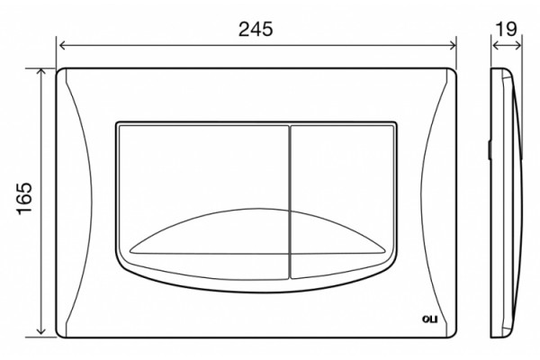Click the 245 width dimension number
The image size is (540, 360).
coord(256,29)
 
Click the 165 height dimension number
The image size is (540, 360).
coord(24,199)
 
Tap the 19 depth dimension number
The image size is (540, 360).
coord(506,29)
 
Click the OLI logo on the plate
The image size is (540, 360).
coord(429,319)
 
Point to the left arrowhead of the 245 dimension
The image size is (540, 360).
coord(62,45)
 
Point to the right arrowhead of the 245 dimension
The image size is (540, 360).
coord(453,45)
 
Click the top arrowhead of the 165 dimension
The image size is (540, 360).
coord(41,72)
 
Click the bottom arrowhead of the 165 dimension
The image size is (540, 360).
coord(41,330)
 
